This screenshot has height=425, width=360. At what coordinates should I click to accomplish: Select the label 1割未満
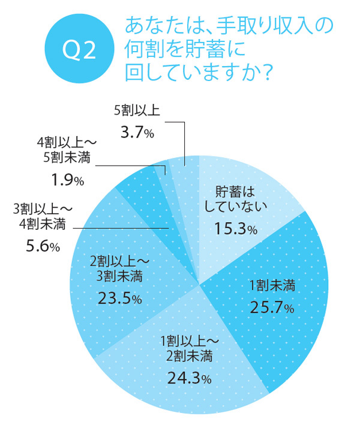coord(271,286)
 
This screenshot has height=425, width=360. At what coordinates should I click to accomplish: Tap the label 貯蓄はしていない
coord(235,199)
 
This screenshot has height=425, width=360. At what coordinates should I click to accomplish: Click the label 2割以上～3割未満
coord(119,270)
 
